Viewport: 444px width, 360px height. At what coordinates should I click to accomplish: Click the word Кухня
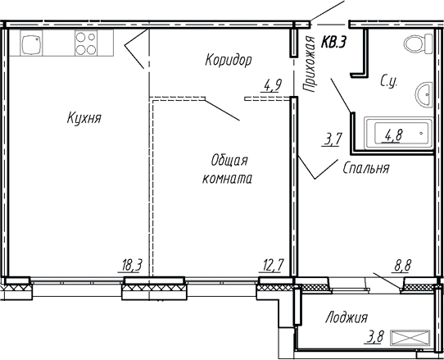point(84,119)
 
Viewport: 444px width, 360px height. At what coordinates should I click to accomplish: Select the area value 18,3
point(132,264)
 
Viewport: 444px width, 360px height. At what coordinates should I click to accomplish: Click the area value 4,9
point(272,83)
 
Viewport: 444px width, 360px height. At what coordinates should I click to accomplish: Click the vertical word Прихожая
point(309,62)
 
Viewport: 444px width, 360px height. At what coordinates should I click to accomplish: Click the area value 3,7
point(333,139)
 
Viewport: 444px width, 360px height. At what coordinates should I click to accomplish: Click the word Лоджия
point(346,317)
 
